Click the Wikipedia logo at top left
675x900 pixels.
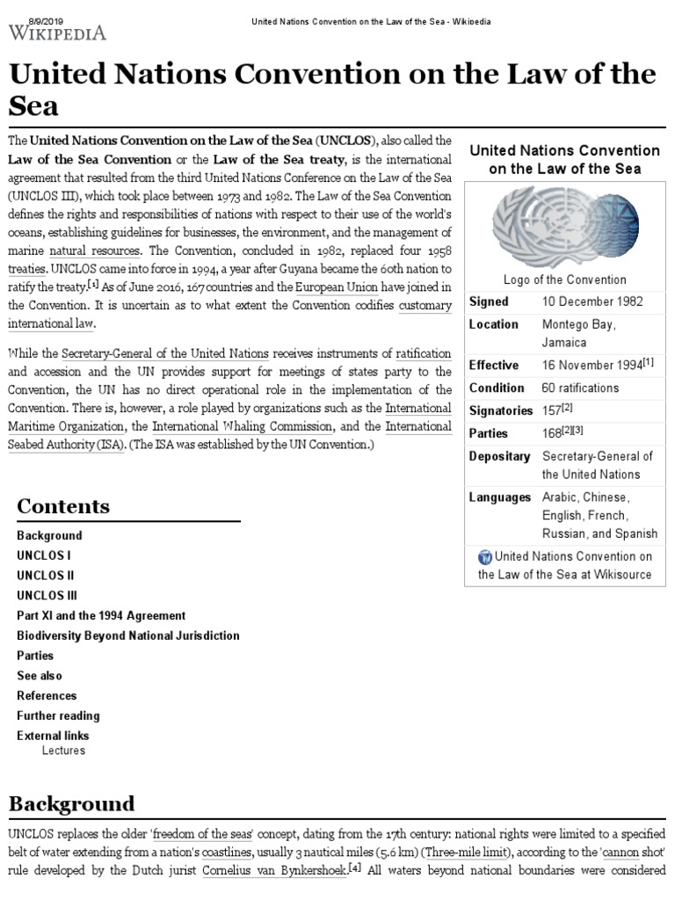(58, 33)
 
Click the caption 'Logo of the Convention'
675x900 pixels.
(564, 279)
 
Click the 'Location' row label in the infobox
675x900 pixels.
(493, 324)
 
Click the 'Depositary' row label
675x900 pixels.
(499, 456)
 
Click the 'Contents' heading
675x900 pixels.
(63, 506)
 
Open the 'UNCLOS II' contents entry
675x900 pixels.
(46, 576)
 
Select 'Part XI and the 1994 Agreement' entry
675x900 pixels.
(101, 615)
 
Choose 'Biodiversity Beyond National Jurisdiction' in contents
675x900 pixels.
(127, 635)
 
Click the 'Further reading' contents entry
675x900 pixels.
(58, 715)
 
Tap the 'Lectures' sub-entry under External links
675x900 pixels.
(63, 751)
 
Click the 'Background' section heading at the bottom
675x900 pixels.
(71, 803)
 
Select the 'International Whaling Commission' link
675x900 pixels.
(243, 426)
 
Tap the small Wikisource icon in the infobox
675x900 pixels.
(485, 556)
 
